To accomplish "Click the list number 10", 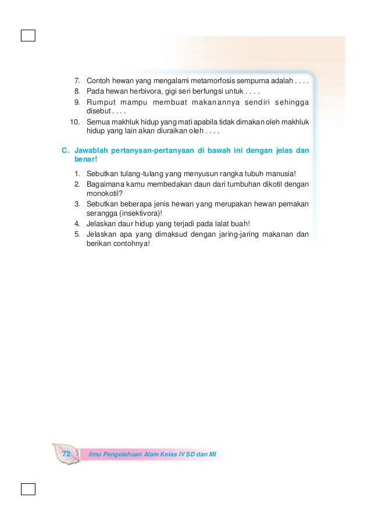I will (74, 122).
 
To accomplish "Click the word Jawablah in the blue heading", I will (91, 150).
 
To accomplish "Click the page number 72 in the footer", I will (66, 453).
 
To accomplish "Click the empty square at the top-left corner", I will (27, 36).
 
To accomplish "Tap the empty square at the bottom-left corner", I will (27, 488).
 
